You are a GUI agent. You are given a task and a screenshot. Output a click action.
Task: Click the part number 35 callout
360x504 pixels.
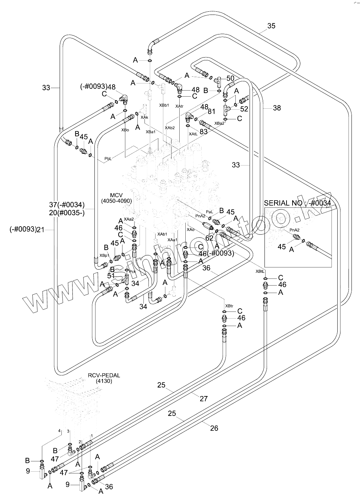(x=271, y=26)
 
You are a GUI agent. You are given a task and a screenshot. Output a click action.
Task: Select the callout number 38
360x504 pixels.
(x=277, y=108)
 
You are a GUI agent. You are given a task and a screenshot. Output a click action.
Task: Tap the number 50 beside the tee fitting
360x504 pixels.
(x=230, y=78)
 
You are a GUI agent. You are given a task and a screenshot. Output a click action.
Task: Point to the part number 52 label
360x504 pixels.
(x=244, y=109)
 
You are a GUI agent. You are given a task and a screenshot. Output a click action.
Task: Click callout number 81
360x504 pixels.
(x=212, y=111)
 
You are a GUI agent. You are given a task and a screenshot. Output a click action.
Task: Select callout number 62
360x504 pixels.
(x=209, y=238)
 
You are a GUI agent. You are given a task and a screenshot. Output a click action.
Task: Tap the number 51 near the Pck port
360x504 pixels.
(x=111, y=276)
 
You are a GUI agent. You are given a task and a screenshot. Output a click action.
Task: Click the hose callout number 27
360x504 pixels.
(x=203, y=399)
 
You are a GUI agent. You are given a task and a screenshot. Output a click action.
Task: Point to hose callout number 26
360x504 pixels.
(x=214, y=428)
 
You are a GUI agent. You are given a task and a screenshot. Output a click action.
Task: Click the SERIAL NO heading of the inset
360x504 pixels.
(x=298, y=203)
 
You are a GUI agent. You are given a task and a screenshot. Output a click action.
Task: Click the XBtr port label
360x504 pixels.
(x=229, y=305)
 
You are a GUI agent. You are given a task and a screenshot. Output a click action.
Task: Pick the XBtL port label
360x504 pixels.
(x=260, y=271)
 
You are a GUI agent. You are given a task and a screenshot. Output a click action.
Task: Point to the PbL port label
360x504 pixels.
(x=108, y=158)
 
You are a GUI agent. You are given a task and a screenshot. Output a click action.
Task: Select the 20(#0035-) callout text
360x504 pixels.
(x=67, y=213)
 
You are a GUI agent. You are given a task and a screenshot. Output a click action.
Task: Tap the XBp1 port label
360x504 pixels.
(x=104, y=255)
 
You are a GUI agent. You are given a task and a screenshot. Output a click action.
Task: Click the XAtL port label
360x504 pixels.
(x=193, y=134)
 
